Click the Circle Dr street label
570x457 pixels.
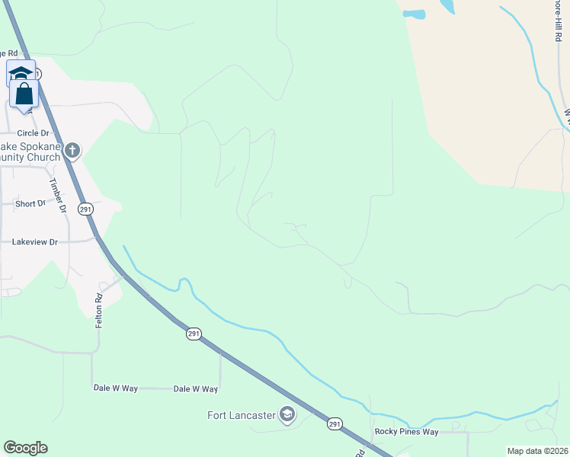(x=33, y=133)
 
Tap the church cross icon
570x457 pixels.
(x=72, y=150)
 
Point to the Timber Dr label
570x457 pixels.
(x=58, y=195)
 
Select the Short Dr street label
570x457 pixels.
(x=30, y=203)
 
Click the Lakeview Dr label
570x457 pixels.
(x=35, y=241)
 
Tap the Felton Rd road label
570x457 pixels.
(x=99, y=311)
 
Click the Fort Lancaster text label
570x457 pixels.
(x=242, y=415)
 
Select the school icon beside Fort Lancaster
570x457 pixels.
(x=287, y=414)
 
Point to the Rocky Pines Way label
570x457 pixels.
(x=406, y=432)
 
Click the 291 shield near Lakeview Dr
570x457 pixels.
(x=86, y=209)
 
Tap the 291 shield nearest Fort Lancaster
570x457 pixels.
(x=335, y=423)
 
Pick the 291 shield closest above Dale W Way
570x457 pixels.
(x=194, y=334)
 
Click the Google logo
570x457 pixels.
(x=25, y=448)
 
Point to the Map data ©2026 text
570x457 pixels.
(x=537, y=451)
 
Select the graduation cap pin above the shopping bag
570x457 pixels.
(x=21, y=73)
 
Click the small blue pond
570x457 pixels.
(x=414, y=14)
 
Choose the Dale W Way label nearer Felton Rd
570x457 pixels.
(x=116, y=388)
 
